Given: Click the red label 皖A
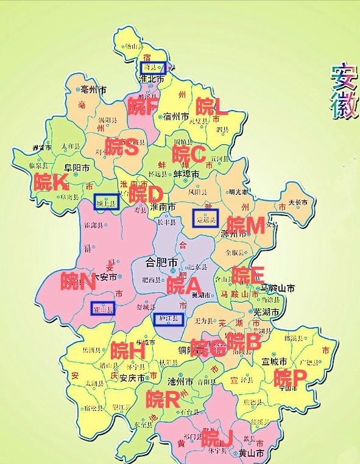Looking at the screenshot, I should coord(184,285).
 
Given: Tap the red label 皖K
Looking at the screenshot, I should coord(50,182).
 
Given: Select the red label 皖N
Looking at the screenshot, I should coord(79,281).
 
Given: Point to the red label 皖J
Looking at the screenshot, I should coord(217,437).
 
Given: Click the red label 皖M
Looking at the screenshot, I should coord(245,225).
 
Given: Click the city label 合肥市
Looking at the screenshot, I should coord(161,263).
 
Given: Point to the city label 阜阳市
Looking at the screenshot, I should coord(77,167).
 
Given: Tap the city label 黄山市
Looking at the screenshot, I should coord(252,454).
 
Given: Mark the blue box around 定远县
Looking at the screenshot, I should coord(205,217).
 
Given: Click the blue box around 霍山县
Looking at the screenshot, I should coord(103,309).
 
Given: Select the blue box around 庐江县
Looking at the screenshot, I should coord(168,318).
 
